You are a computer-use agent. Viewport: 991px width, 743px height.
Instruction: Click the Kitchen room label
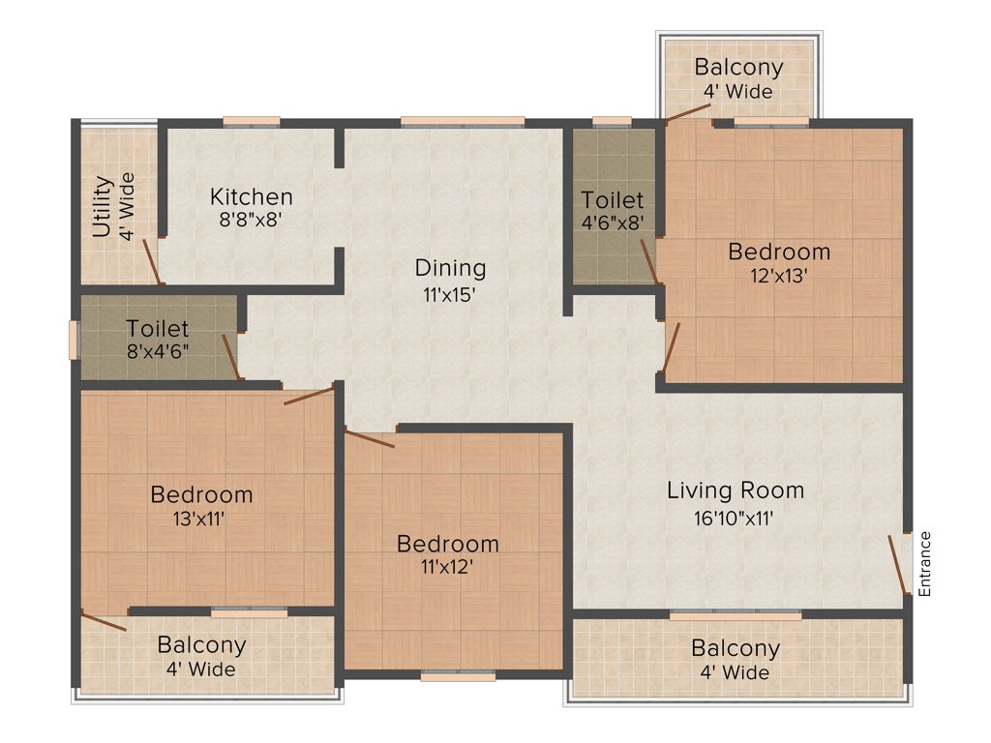pos(251,197)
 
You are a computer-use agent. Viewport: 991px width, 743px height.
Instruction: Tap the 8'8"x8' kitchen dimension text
pos(251,220)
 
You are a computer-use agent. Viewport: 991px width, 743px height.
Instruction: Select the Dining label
pos(450,268)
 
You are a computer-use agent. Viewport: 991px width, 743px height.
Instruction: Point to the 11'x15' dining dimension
pos(450,294)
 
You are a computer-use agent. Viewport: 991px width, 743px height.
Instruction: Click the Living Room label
pos(736,490)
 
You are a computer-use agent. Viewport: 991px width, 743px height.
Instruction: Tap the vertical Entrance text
pos(925,563)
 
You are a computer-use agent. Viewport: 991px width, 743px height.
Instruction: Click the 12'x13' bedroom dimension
pos(779,275)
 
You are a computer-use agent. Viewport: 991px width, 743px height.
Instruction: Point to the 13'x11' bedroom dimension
pos(201,518)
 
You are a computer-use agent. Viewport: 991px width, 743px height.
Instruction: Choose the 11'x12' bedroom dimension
pos(448,567)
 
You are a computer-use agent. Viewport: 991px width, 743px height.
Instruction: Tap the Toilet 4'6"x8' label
pos(612,212)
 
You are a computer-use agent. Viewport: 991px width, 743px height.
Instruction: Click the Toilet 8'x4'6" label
pos(157,339)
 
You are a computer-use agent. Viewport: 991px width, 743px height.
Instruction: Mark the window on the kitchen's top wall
pos(252,122)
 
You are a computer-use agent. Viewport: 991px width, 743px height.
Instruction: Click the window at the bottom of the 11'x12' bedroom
pos(458,675)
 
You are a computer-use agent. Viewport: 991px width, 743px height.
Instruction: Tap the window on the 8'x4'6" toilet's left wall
pos(74,339)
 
